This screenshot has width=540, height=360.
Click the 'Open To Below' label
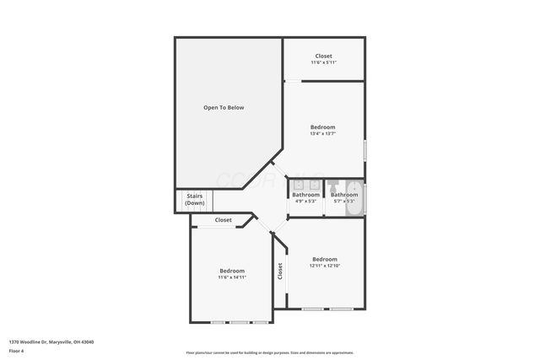pyautogui.click(x=224, y=107)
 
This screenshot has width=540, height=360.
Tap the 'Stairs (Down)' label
pyautogui.click(x=195, y=200)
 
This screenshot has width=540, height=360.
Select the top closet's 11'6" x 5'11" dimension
pyautogui.click(x=324, y=62)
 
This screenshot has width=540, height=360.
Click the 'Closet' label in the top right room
pyautogui.click(x=324, y=56)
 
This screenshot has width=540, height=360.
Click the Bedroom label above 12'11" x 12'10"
pyautogui.click(x=325, y=259)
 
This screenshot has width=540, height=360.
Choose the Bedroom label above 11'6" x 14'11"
pyautogui.click(x=232, y=271)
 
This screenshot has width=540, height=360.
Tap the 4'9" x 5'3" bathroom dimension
pyautogui.click(x=305, y=201)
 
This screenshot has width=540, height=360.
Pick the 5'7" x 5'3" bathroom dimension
pyautogui.click(x=344, y=201)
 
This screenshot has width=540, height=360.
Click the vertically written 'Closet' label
pyautogui.click(x=280, y=271)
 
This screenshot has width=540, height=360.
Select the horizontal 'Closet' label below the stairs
pyautogui.click(x=223, y=220)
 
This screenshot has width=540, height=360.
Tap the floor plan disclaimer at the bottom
pyautogui.click(x=270, y=352)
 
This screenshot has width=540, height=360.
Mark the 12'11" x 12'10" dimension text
pyautogui.click(x=325, y=266)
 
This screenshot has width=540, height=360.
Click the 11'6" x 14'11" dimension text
pyautogui.click(x=232, y=277)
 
